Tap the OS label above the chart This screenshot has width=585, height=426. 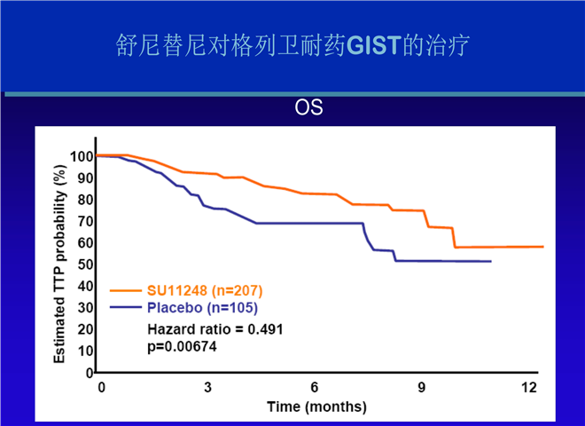coord(308,108)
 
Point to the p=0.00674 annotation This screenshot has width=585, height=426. coord(182,346)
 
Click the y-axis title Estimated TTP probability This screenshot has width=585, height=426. coord(60,257)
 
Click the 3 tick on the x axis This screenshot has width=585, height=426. coord(208,388)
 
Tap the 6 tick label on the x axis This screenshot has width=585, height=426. coord(315,388)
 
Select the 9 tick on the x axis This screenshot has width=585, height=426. coord(422,388)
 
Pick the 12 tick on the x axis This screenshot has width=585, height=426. coord(529,388)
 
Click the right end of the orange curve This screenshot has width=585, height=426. coord(542,247)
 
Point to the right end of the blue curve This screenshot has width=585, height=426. coord(490,261)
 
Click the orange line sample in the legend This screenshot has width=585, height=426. coord(127,290)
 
